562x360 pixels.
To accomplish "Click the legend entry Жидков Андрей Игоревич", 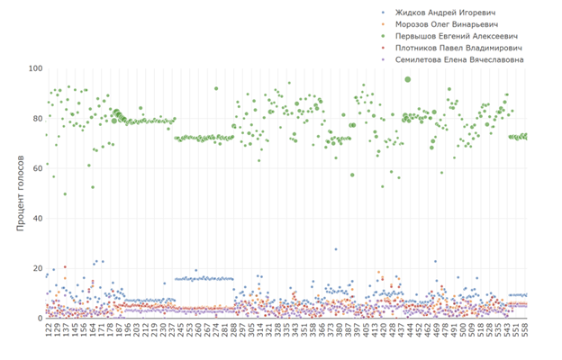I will tap(451, 13).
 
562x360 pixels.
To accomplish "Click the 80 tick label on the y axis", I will tap(36, 118).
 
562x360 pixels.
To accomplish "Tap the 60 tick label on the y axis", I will tap(36, 168).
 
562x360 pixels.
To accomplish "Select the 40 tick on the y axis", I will tap(36, 219).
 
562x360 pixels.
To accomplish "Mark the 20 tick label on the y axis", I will tap(36, 268).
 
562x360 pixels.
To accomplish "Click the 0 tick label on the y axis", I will tap(39, 319).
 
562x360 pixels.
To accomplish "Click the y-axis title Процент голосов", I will tap(18, 194).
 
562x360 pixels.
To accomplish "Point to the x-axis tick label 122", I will tap(48, 333).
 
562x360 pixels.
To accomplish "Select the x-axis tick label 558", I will tap(525, 333).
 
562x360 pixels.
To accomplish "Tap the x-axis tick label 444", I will tap(409, 333).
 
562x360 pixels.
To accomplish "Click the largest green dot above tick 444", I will tap(408, 79).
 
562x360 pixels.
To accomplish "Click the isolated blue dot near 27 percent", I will tap(336, 249).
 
